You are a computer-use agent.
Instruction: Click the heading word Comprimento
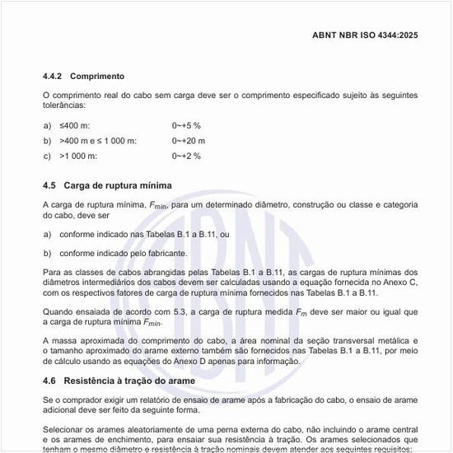(x=97, y=76)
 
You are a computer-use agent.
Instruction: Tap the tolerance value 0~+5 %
(x=186, y=125)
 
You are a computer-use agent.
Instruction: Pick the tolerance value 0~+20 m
(x=189, y=140)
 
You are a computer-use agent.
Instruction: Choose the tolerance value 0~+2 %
(x=186, y=156)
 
